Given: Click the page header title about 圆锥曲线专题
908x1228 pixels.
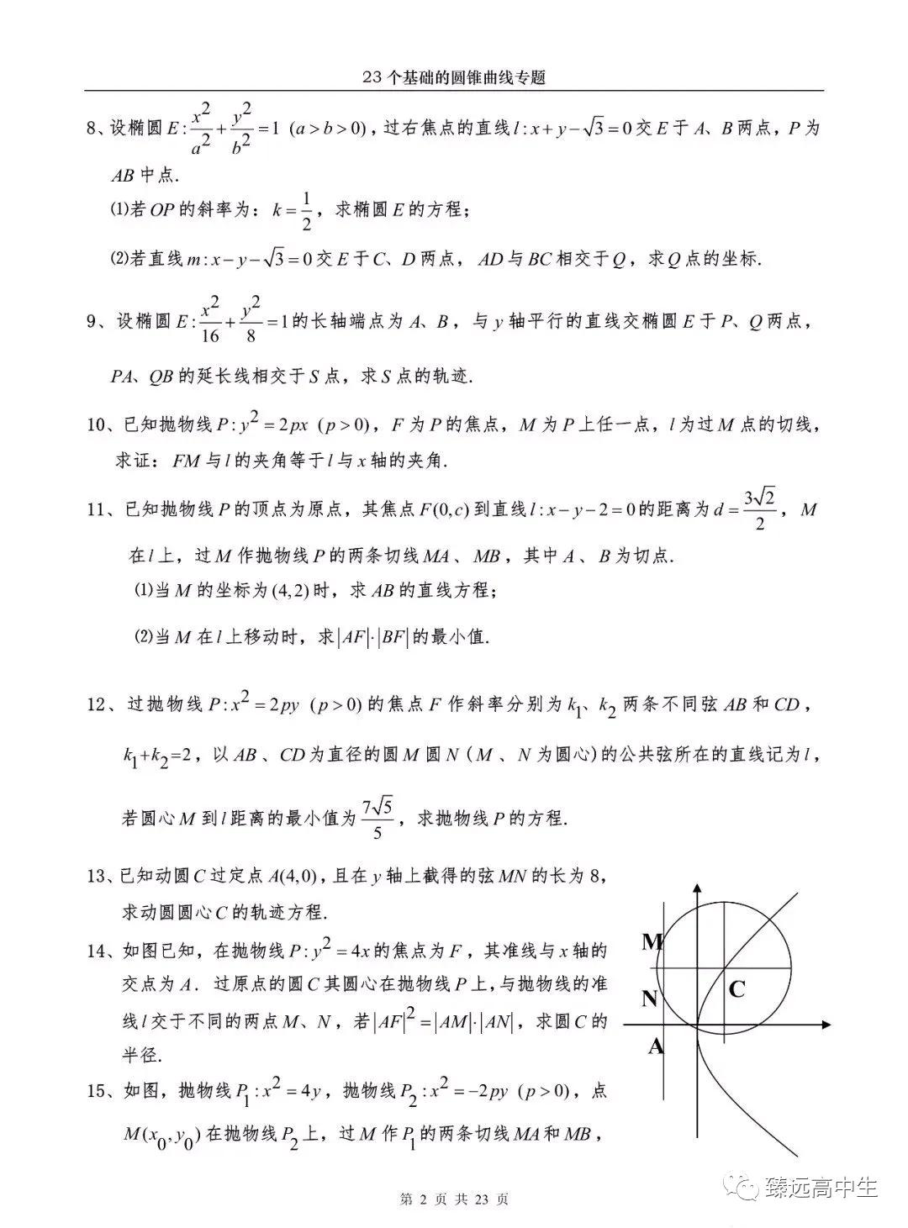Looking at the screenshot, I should pos(454,77).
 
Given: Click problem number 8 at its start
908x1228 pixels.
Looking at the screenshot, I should pos(93,129).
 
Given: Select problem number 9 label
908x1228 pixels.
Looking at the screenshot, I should pos(94,321).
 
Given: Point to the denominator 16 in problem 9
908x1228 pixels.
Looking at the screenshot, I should pos(210,335).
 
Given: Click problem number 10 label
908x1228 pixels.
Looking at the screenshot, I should pos(98,424).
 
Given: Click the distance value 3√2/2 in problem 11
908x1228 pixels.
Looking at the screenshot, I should pos(763,510).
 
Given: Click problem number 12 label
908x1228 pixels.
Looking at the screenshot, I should pos(98,704).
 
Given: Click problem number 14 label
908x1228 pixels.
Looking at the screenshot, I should pos(98,951).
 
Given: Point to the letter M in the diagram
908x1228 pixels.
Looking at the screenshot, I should pos(652,941).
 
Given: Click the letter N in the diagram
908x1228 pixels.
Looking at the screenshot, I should pos(650,999).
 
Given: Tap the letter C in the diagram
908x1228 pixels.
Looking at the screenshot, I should pos(736,989).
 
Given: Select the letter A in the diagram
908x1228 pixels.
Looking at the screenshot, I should pos(656,1046).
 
